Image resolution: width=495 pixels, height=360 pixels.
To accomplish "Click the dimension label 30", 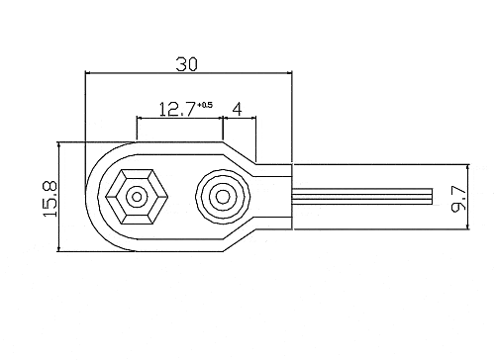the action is coord(186,64).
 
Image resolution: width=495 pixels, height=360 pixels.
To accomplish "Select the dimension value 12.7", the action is coord(177,110).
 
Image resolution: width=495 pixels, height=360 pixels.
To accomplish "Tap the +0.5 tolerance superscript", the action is coord(205,105).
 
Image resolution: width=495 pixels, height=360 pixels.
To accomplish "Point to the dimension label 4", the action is coord(238,110).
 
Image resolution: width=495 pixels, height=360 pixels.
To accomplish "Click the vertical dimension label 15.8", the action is coord(50,199).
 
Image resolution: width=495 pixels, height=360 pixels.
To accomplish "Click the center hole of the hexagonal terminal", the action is coord(137,197).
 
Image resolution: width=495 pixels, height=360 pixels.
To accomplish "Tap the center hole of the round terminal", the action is coord(223,197).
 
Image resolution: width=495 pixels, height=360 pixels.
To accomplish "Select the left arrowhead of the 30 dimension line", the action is coord(87,72).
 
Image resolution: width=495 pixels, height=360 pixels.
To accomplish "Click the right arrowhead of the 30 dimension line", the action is coord(290,72).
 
